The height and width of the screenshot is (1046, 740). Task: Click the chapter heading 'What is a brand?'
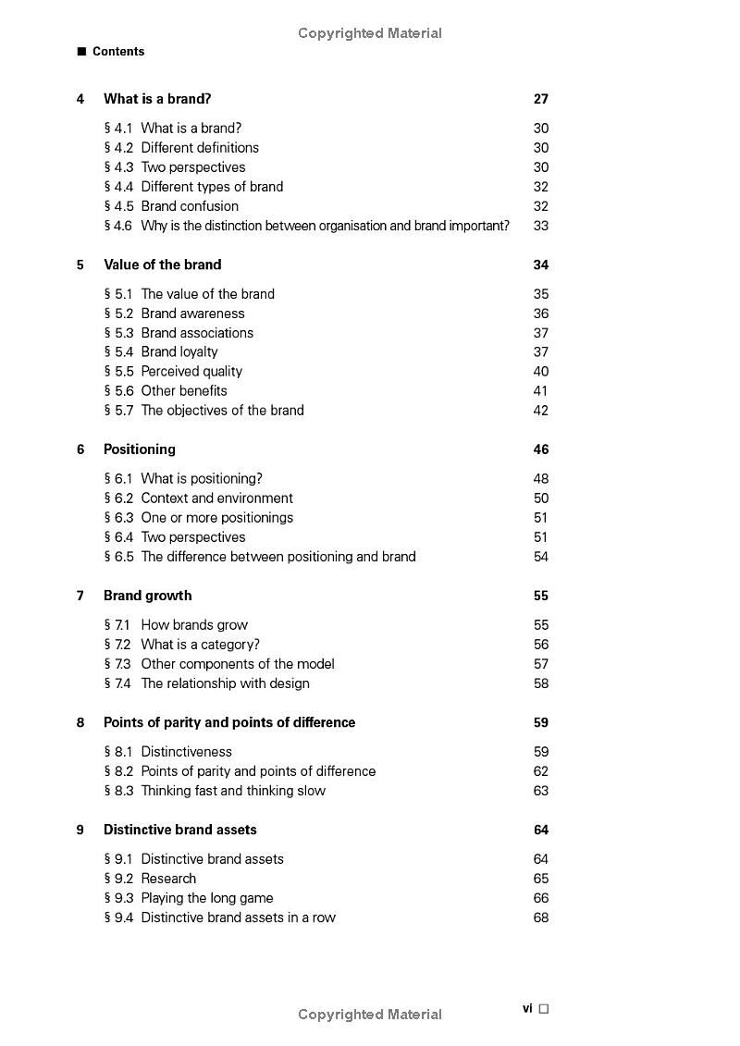(157, 99)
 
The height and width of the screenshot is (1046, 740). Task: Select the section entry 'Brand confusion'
(190, 206)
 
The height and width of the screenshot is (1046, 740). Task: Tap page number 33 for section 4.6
(541, 226)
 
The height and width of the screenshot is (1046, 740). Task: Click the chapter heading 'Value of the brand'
(163, 265)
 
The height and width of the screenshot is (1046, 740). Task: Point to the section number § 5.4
(118, 352)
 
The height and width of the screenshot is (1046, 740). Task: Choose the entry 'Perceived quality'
(191, 372)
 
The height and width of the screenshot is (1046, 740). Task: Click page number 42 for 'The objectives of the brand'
(541, 411)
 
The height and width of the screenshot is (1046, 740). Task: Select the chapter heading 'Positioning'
(140, 449)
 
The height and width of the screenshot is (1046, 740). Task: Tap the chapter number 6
(80, 449)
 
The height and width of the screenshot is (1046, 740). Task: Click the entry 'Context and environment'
(217, 498)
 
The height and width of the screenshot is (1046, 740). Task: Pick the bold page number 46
(541, 449)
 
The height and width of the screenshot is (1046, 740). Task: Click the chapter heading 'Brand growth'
(148, 596)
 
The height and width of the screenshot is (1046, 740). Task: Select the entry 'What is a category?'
(201, 645)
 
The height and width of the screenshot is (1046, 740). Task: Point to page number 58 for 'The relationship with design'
(541, 683)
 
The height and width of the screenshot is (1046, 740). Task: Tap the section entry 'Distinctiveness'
(187, 752)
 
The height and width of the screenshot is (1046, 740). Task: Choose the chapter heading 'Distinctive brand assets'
(180, 830)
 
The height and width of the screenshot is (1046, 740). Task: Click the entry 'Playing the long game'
(207, 898)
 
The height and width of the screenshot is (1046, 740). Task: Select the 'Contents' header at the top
(118, 52)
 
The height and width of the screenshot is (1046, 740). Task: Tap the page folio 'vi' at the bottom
(527, 1008)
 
